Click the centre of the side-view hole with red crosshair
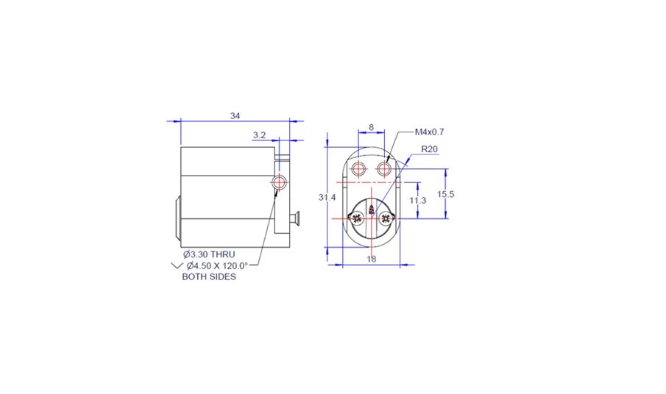point(279,182)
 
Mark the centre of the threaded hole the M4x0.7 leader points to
point(384,169)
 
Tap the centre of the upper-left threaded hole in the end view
point(358,169)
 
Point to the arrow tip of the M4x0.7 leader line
point(387,162)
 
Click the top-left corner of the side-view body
point(181,147)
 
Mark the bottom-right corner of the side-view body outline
point(290,247)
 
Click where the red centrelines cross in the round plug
point(372,218)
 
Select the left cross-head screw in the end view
point(356,218)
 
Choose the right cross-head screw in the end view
point(386,218)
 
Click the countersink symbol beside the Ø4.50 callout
point(177,266)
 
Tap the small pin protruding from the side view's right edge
point(294,218)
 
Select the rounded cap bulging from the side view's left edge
point(178,218)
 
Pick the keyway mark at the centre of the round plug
point(372,209)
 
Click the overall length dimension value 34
point(235,116)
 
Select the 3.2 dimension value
point(259,135)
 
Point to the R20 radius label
point(430,149)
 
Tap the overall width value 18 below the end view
point(371,259)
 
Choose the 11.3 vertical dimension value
point(418,200)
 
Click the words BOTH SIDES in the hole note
point(209,277)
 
